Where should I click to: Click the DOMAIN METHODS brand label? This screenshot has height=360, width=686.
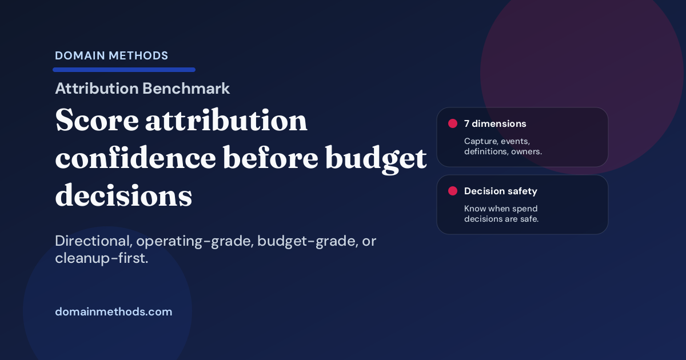[111, 55]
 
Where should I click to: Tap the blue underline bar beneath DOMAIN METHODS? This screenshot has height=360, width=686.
[124, 70]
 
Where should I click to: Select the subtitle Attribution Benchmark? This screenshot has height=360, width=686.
[142, 89]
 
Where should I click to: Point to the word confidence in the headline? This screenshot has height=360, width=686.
[134, 159]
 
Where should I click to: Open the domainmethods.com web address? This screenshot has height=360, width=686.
[113, 312]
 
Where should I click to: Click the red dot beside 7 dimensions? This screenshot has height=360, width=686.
[452, 123]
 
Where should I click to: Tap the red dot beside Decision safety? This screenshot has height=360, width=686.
[452, 191]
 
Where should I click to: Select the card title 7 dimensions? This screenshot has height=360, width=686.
[495, 123]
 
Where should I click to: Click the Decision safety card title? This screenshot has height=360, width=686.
[500, 191]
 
